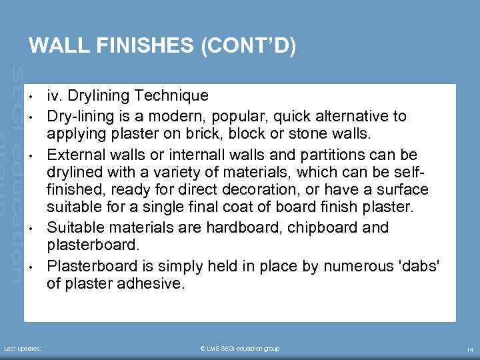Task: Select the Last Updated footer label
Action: click(x=23, y=349)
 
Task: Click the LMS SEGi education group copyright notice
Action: click(x=239, y=349)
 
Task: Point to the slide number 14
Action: click(x=470, y=349)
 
